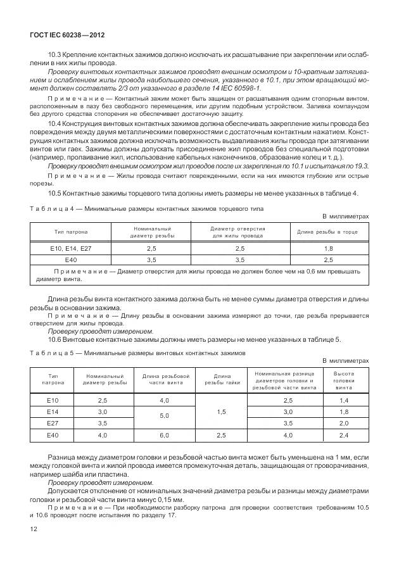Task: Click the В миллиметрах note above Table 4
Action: point(346,217)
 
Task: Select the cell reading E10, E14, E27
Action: point(71,249)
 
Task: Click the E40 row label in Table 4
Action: point(71,260)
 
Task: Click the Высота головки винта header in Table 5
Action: point(344,380)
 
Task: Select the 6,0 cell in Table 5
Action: point(164,436)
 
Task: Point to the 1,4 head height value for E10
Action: point(344,401)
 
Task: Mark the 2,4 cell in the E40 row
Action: point(344,436)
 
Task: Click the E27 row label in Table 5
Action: point(53,423)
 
